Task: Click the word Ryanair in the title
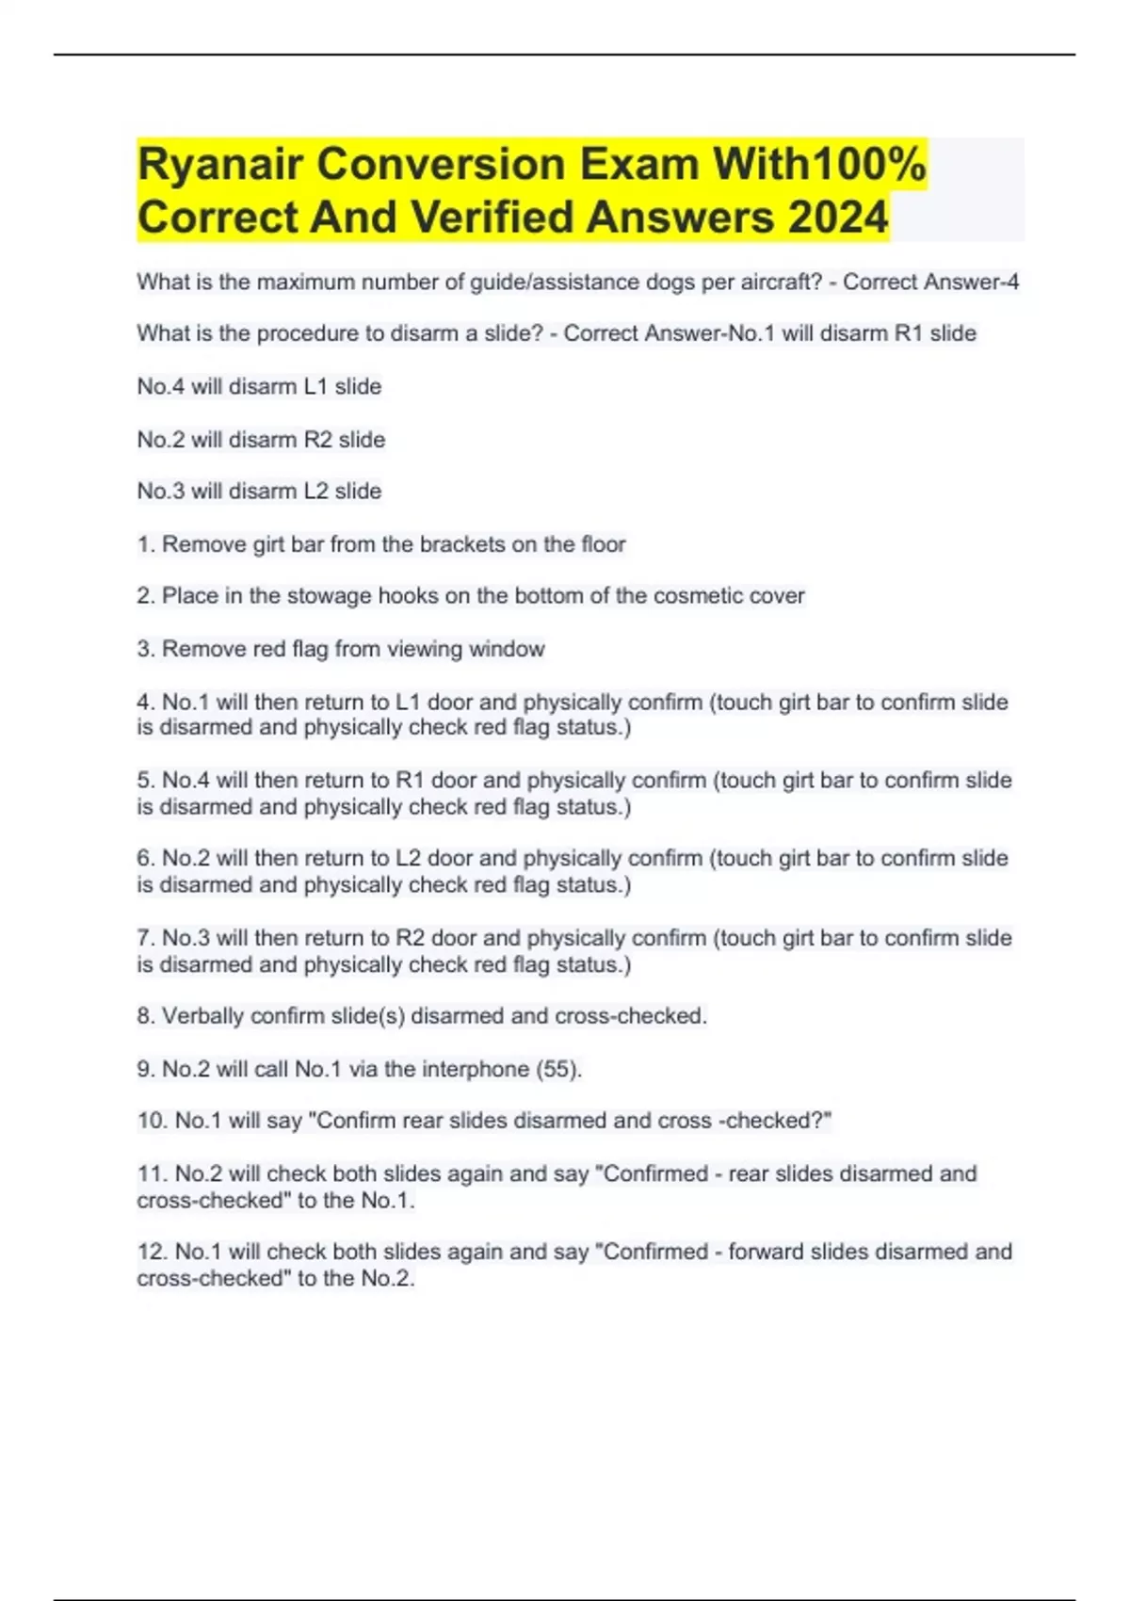pyautogui.click(x=219, y=166)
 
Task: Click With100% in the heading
pyautogui.click(x=819, y=166)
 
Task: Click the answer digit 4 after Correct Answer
pyautogui.click(x=1012, y=282)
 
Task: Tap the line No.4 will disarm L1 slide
pyautogui.click(x=259, y=386)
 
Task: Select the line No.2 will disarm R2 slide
pyautogui.click(x=261, y=439)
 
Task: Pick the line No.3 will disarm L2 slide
pyautogui.click(x=259, y=491)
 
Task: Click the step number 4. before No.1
pyautogui.click(x=146, y=703)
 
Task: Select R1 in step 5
pyautogui.click(x=410, y=781)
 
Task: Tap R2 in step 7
pyautogui.click(x=410, y=938)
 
